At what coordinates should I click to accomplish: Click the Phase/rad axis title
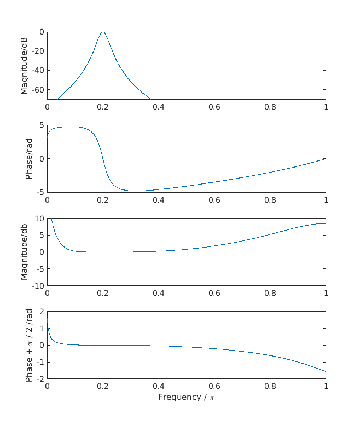pos(28,159)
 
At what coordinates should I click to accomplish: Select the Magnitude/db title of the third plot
pos(24,252)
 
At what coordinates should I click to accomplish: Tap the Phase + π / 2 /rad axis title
pos(28,345)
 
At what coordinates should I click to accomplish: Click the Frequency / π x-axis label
pos(187,397)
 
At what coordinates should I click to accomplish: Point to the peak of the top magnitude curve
pos(103,32)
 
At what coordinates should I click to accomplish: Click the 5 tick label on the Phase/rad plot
pos(41,125)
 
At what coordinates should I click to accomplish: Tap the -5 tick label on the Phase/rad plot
pos(39,192)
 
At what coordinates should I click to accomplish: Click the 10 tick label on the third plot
pos(39,219)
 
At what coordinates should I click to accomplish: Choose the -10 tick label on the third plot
pos(37,285)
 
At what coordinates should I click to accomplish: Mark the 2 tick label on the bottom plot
pos(41,312)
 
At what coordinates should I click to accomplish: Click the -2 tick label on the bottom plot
pos(39,378)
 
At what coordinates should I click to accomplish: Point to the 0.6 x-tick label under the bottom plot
pos(214,386)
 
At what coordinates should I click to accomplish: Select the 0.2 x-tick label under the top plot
pos(103,107)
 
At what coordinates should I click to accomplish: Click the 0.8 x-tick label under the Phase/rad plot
pos(270,200)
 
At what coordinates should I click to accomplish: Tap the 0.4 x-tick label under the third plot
pos(159,293)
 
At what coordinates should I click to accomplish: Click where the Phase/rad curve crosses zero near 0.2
pos(103,159)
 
